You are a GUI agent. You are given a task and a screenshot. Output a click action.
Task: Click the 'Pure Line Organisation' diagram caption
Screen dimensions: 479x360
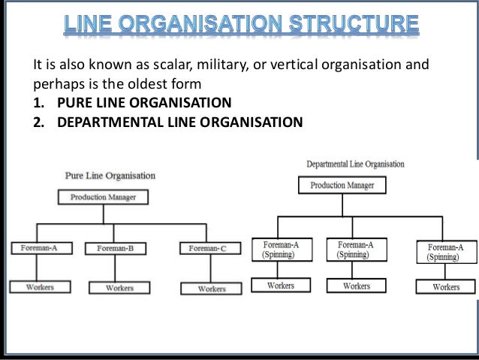click(110, 176)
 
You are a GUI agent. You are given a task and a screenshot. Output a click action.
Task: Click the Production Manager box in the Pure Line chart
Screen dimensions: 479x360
click(103, 198)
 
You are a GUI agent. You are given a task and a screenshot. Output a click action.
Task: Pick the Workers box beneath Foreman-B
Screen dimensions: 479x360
click(119, 287)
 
